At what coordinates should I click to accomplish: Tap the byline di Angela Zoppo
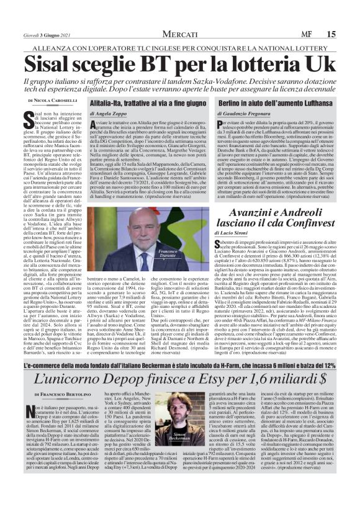109,113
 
